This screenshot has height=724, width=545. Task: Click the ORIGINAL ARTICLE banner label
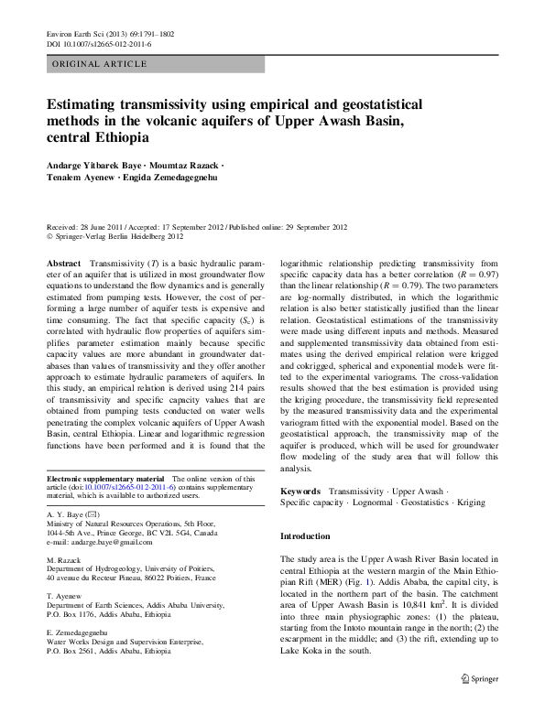tap(98, 64)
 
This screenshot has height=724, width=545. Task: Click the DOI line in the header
tap(98, 43)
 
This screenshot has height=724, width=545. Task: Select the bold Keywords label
tap(300, 492)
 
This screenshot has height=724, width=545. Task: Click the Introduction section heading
tap(305, 535)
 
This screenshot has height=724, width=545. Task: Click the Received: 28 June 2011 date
tap(87, 225)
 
